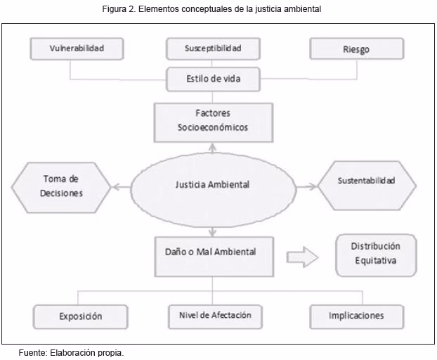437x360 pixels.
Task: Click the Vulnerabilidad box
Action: click(x=77, y=49)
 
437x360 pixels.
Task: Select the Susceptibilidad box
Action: click(x=213, y=49)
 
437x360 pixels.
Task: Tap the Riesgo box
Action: click(x=357, y=49)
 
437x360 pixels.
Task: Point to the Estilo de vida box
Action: click(x=213, y=79)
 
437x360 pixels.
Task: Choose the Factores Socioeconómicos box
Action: click(x=213, y=121)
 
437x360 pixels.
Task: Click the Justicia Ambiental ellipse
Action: click(x=212, y=185)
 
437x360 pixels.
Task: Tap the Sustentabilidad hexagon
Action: click(x=366, y=181)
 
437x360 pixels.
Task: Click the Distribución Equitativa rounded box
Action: click(x=375, y=254)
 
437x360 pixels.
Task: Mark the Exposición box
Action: click(x=80, y=316)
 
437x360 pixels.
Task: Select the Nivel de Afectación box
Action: click(x=210, y=315)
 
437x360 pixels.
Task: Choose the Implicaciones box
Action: click(x=356, y=316)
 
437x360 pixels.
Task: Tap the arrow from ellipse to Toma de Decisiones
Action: click(x=120, y=186)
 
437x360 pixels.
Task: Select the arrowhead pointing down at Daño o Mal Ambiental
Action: click(x=212, y=232)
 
